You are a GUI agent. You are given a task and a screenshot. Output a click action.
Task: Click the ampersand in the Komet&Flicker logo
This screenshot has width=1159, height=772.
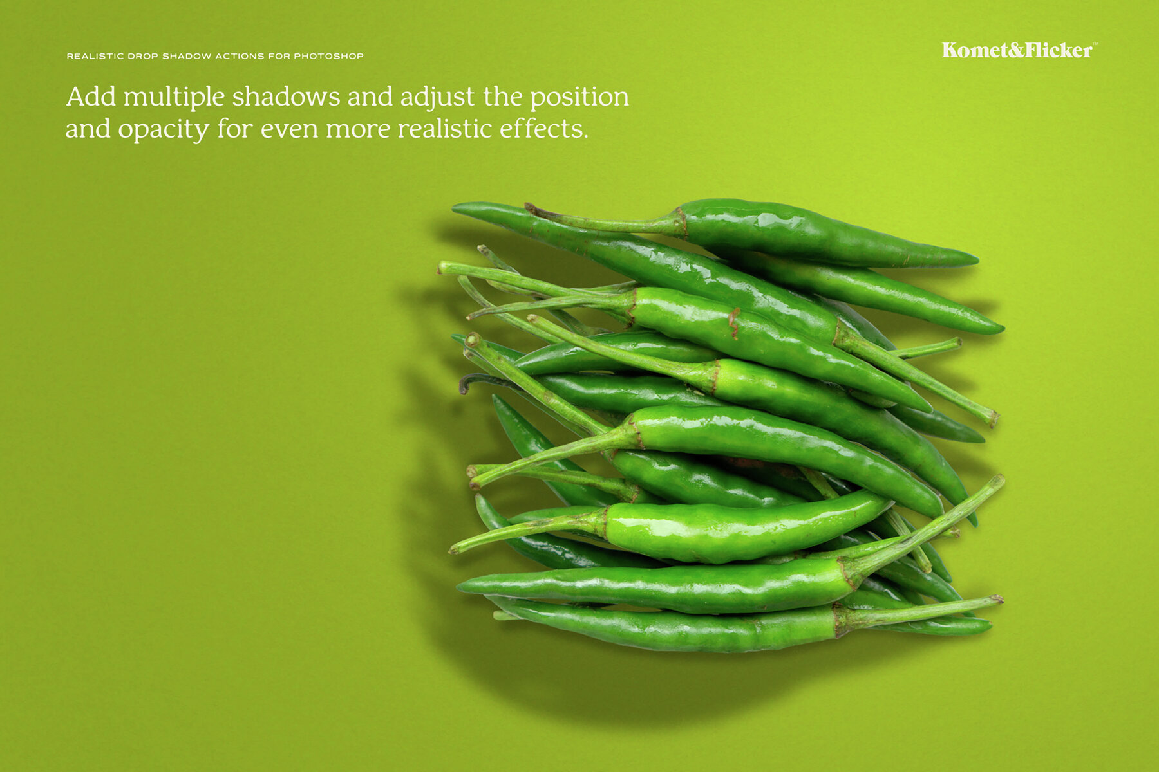pyautogui.click(x=1015, y=50)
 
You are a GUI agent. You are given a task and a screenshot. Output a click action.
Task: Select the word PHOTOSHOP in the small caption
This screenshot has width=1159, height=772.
pyautogui.click(x=328, y=56)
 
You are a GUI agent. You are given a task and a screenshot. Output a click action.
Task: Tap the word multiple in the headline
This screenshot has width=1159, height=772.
pyautogui.click(x=174, y=97)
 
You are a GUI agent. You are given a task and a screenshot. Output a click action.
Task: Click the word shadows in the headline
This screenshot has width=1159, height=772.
pyautogui.click(x=286, y=97)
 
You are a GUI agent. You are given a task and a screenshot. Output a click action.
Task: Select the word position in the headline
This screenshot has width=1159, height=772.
pyautogui.click(x=579, y=97)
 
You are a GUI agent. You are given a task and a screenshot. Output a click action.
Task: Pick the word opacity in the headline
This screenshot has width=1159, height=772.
pyautogui.click(x=164, y=130)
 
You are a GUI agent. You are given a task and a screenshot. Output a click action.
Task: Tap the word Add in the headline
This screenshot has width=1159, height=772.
pyautogui.click(x=91, y=97)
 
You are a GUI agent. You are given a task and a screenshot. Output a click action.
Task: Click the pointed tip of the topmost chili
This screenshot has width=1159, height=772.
pyautogui.click(x=975, y=260)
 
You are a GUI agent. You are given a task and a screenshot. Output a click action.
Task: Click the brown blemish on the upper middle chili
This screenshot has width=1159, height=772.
pyautogui.click(x=733, y=322)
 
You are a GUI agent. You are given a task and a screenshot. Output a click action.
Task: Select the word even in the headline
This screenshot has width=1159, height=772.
pyautogui.click(x=289, y=129)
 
